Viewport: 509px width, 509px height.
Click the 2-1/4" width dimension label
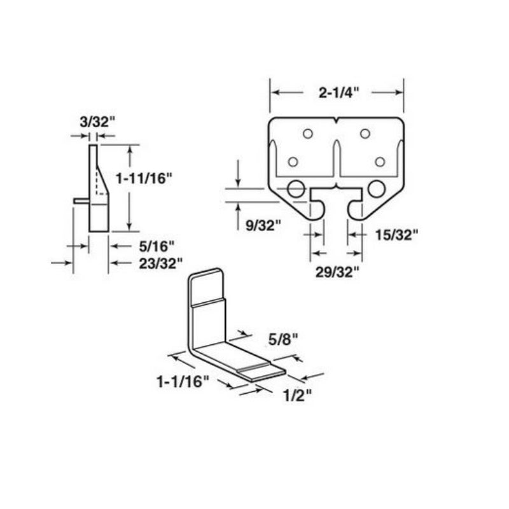[338, 92]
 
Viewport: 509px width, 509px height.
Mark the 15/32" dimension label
[395, 235]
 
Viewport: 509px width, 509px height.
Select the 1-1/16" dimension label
[183, 382]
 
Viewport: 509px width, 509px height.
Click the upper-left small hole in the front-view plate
[308, 134]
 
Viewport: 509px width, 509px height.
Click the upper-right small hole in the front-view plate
[365, 134]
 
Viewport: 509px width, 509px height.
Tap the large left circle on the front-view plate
[295, 188]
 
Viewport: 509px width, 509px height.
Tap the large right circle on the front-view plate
[376, 188]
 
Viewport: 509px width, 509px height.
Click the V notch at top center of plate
[336, 121]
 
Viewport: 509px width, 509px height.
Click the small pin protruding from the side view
[81, 200]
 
